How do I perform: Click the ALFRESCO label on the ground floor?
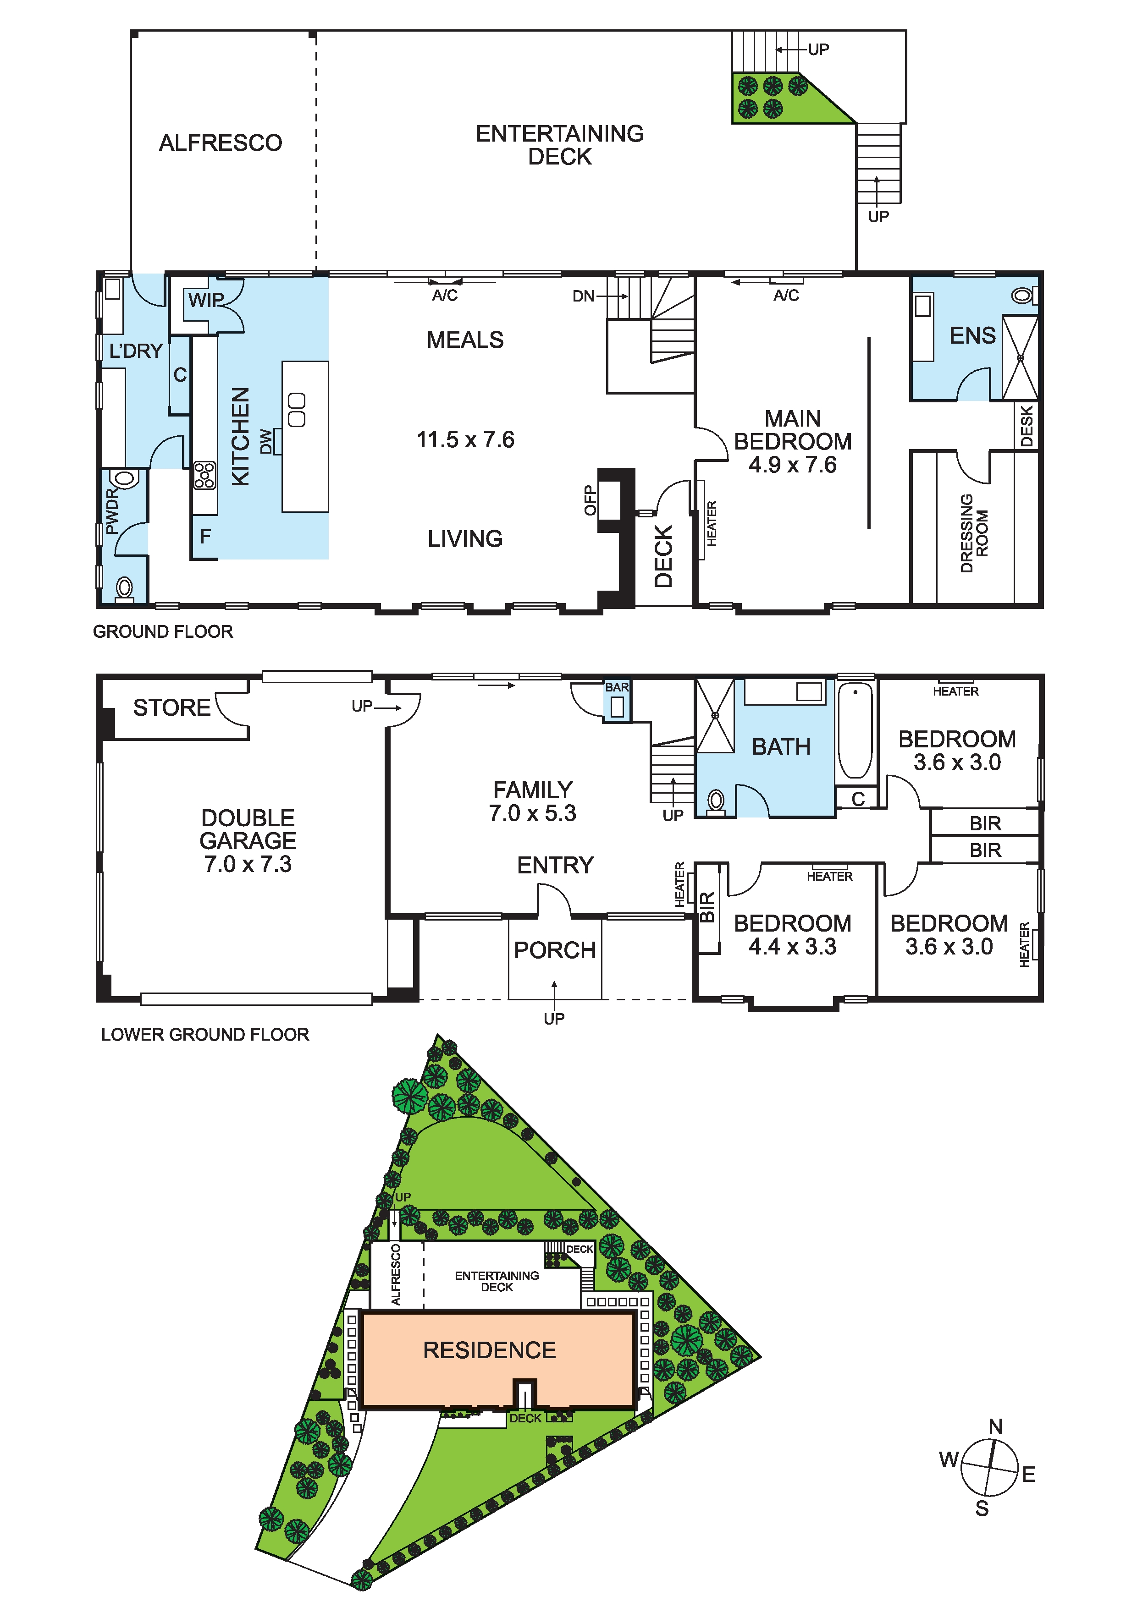(x=221, y=143)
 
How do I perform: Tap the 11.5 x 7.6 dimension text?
(x=466, y=439)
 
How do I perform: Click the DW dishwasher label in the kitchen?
(x=266, y=442)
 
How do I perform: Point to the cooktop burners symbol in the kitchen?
(x=204, y=475)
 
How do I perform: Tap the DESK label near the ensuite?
(x=1027, y=426)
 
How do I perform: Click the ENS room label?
(x=972, y=336)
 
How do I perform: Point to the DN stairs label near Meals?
(x=583, y=296)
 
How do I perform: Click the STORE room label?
(x=171, y=708)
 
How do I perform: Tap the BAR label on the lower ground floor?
(x=617, y=687)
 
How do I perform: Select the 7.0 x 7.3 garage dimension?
(x=248, y=864)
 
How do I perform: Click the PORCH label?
(x=554, y=950)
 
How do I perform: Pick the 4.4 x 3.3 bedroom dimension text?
(x=793, y=946)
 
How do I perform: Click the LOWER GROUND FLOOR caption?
(x=205, y=1035)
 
